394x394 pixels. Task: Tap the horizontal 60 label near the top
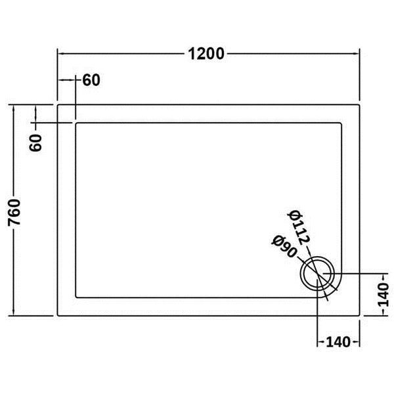point(91,81)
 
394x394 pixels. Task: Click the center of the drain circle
point(318,273)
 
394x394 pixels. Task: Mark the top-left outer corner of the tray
point(58,103)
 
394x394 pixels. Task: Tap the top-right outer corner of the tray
point(361,103)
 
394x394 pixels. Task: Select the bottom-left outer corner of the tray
point(58,315)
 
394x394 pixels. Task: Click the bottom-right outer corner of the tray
point(361,315)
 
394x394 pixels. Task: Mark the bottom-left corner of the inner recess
point(77,297)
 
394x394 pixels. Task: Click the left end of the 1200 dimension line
point(58,53)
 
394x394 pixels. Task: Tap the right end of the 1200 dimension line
point(361,53)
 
